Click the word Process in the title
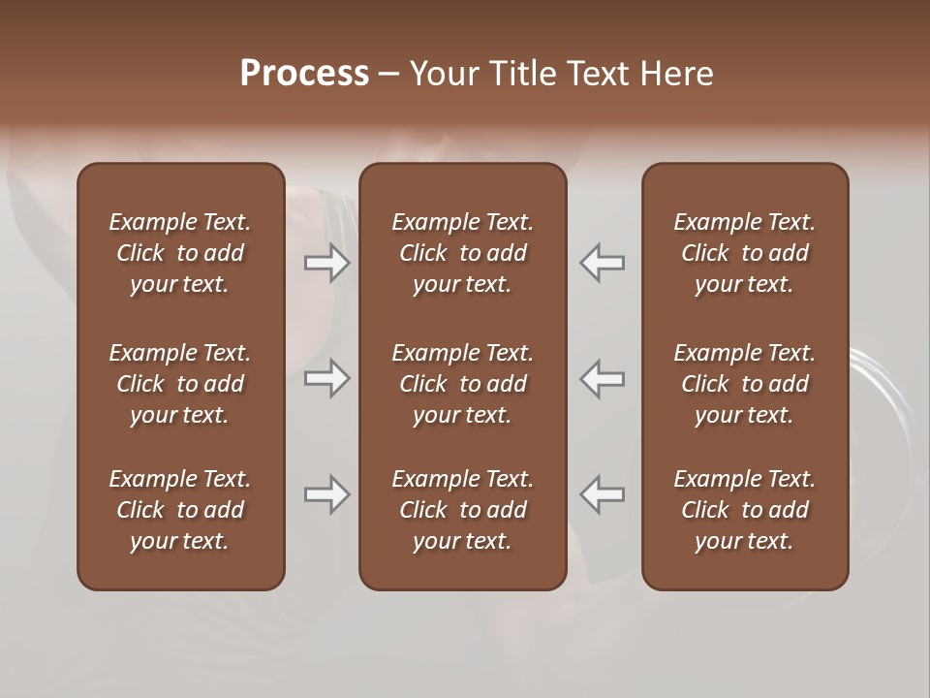[x=304, y=74]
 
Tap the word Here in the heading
[x=676, y=74]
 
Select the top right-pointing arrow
[x=327, y=263]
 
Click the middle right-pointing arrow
[x=327, y=378]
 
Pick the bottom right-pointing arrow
[x=327, y=494]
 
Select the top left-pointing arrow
[x=603, y=263]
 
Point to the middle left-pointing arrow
[x=603, y=378]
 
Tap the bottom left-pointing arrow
[x=603, y=494]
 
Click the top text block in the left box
[x=180, y=253]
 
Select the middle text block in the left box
[x=180, y=384]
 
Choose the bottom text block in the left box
[x=180, y=510]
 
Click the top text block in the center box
[x=463, y=253]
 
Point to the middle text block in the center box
[x=463, y=384]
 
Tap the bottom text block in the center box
[x=463, y=510]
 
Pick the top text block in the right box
[x=745, y=253]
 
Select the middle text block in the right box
[x=745, y=384]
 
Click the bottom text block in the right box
[x=745, y=510]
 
